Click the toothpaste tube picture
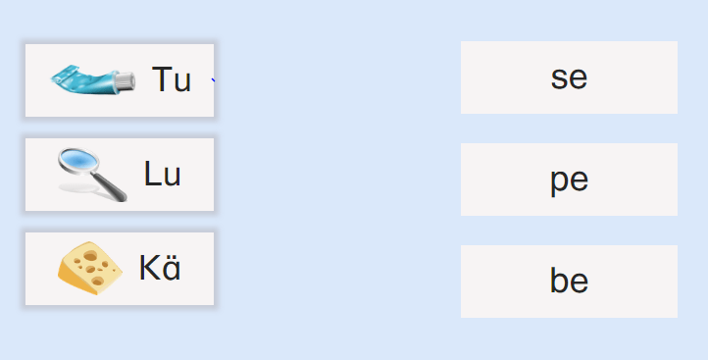(x=93, y=80)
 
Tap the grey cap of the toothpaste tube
(x=126, y=80)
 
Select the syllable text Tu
(x=172, y=79)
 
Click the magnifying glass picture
(x=92, y=175)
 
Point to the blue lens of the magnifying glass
(x=78, y=160)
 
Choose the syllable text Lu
(x=162, y=174)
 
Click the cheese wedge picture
(x=90, y=268)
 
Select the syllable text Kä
(x=160, y=268)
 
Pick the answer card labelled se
(x=569, y=77)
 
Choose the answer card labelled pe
(x=569, y=180)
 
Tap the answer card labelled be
(x=569, y=282)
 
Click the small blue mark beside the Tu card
(x=213, y=80)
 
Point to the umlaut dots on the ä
(x=172, y=257)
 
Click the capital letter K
(x=149, y=268)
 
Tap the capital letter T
(x=161, y=79)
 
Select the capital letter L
(x=151, y=174)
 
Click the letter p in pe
(x=559, y=183)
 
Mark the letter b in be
(x=559, y=280)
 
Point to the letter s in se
(x=559, y=79)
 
